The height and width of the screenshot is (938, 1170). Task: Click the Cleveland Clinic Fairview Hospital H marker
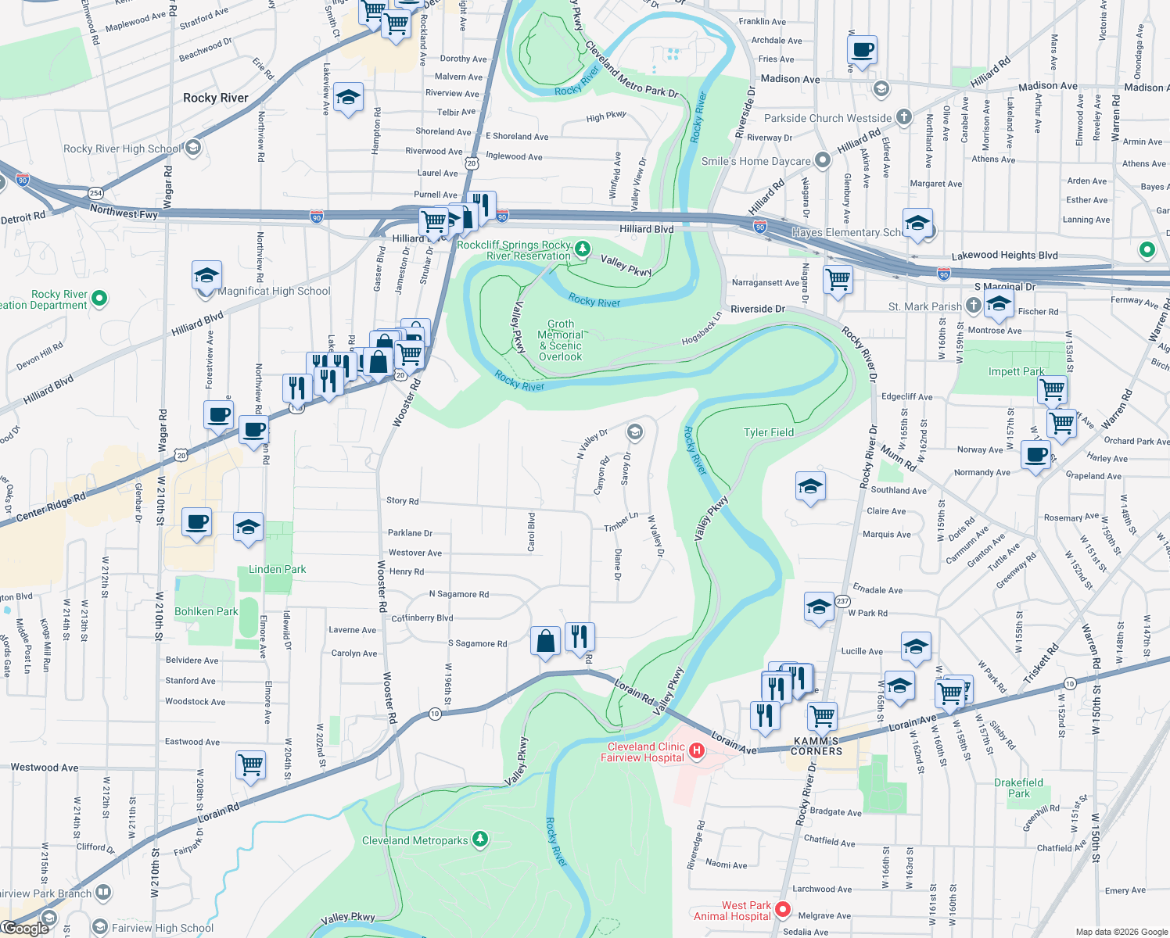tap(696, 751)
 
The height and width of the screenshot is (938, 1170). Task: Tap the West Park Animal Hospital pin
tap(783, 911)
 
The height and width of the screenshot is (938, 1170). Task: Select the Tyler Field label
tap(768, 432)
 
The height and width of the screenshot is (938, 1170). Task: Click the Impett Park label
tap(1016, 371)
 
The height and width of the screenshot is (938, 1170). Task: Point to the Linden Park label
tap(277, 569)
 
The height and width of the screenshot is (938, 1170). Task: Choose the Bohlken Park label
tap(206, 611)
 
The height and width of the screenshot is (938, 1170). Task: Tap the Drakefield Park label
tap(1018, 788)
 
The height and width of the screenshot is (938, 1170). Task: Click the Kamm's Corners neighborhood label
tap(817, 746)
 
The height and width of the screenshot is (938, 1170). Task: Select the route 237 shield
tap(842, 601)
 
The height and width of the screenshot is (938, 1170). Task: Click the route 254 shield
tap(95, 193)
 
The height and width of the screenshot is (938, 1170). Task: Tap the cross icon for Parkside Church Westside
tap(903, 117)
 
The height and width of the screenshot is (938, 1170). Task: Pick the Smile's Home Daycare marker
tap(822, 160)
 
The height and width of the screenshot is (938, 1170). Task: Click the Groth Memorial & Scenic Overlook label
tap(560, 340)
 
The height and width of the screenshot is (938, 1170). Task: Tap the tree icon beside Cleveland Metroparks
tap(480, 840)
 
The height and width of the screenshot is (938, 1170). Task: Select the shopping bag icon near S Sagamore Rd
tap(545, 640)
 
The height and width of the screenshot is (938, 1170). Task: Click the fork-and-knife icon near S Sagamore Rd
tap(580, 635)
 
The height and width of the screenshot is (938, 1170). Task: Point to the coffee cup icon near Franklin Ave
tap(862, 49)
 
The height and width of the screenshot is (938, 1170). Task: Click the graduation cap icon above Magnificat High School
tap(206, 275)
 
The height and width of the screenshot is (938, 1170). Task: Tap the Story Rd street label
tap(402, 500)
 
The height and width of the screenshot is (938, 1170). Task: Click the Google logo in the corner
tap(25, 928)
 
